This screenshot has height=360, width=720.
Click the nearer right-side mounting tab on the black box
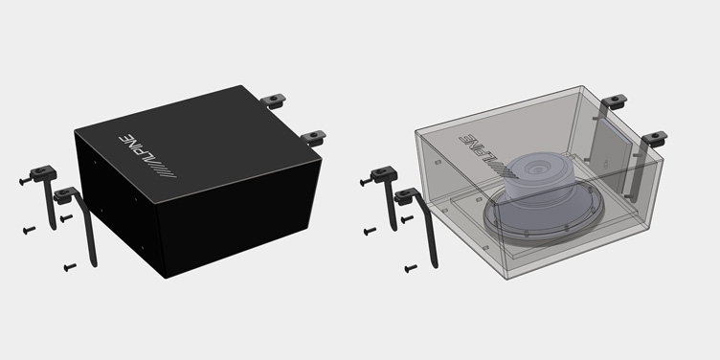tap(312, 137)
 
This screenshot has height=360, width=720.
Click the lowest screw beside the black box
tap(69, 266)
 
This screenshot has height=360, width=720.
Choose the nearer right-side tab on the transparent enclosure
tap(655, 137)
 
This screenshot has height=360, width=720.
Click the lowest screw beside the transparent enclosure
tap(411, 266)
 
